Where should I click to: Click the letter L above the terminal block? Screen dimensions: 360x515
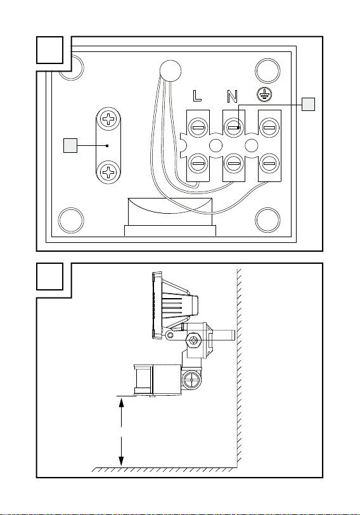point(196,96)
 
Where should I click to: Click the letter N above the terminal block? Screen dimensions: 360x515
point(232,96)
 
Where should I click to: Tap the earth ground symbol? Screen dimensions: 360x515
point(264,95)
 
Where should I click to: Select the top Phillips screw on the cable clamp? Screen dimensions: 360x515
point(108,119)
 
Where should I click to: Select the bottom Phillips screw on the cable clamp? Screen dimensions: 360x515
point(108,171)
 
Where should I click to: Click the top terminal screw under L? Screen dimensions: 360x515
point(198,127)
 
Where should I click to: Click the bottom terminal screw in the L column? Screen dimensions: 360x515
point(198,163)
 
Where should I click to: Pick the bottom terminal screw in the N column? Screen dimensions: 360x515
point(234,163)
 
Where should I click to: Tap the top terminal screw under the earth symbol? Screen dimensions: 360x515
point(269,127)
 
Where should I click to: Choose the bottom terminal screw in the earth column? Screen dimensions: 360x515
point(269,163)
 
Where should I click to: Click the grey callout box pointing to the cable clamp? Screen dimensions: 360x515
point(70,145)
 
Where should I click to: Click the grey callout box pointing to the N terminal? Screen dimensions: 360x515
point(308,105)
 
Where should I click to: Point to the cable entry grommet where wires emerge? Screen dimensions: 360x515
point(170,70)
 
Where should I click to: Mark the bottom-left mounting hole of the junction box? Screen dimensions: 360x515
point(71,220)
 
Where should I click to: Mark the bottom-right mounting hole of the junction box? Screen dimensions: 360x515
point(268,220)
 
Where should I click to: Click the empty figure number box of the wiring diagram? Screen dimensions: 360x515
point(49,50)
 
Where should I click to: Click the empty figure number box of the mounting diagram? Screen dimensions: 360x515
point(49,277)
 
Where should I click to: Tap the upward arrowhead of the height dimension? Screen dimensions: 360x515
point(122,402)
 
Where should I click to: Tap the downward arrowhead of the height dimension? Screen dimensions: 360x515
point(122,461)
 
